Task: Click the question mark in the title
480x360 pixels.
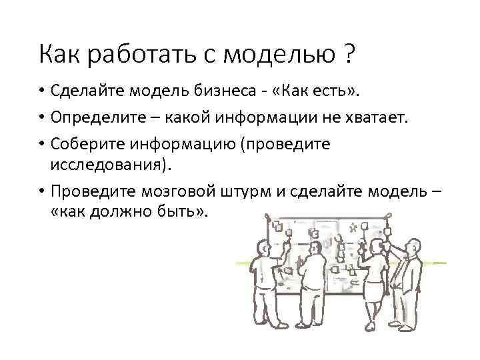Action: click(349, 53)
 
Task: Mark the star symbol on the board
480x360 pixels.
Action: click(351, 229)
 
